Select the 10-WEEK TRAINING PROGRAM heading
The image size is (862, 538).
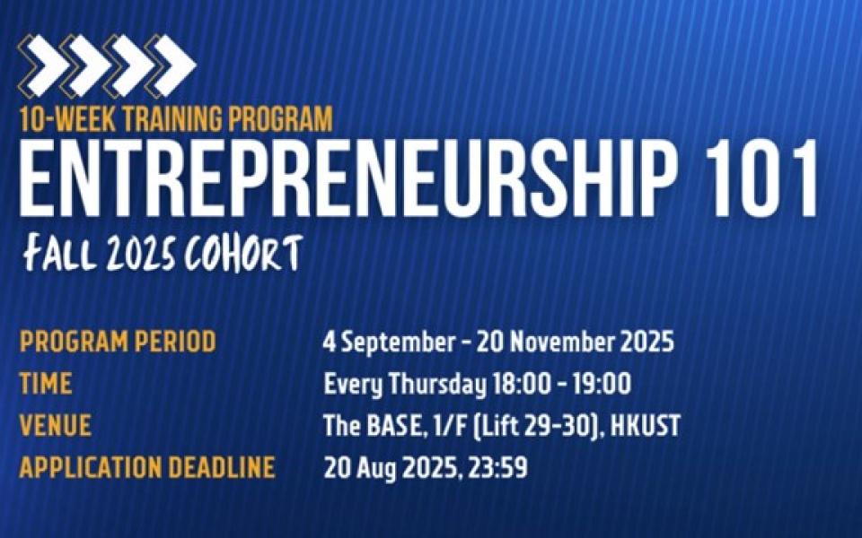click(x=176, y=118)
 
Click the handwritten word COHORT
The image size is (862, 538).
click(x=243, y=253)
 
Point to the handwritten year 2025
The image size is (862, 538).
click(x=141, y=255)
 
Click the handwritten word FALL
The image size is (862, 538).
click(x=60, y=253)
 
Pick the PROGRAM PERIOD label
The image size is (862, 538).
click(x=118, y=342)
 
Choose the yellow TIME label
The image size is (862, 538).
click(x=46, y=383)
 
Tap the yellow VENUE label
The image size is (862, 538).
click(x=55, y=425)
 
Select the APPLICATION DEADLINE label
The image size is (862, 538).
click(x=147, y=468)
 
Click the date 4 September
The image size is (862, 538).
click(x=389, y=343)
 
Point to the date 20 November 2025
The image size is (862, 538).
click(x=575, y=342)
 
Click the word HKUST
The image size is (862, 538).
click(x=646, y=426)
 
